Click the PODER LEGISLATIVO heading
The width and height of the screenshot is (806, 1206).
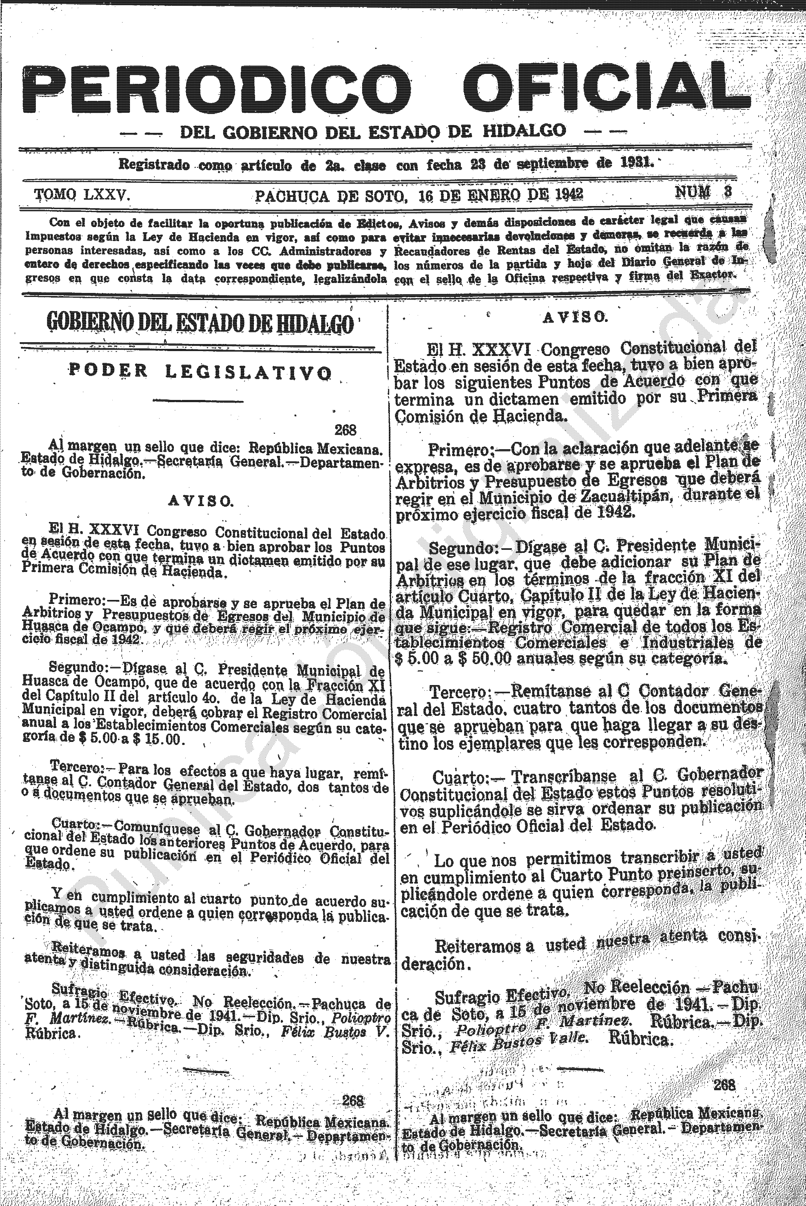(x=200, y=371)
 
